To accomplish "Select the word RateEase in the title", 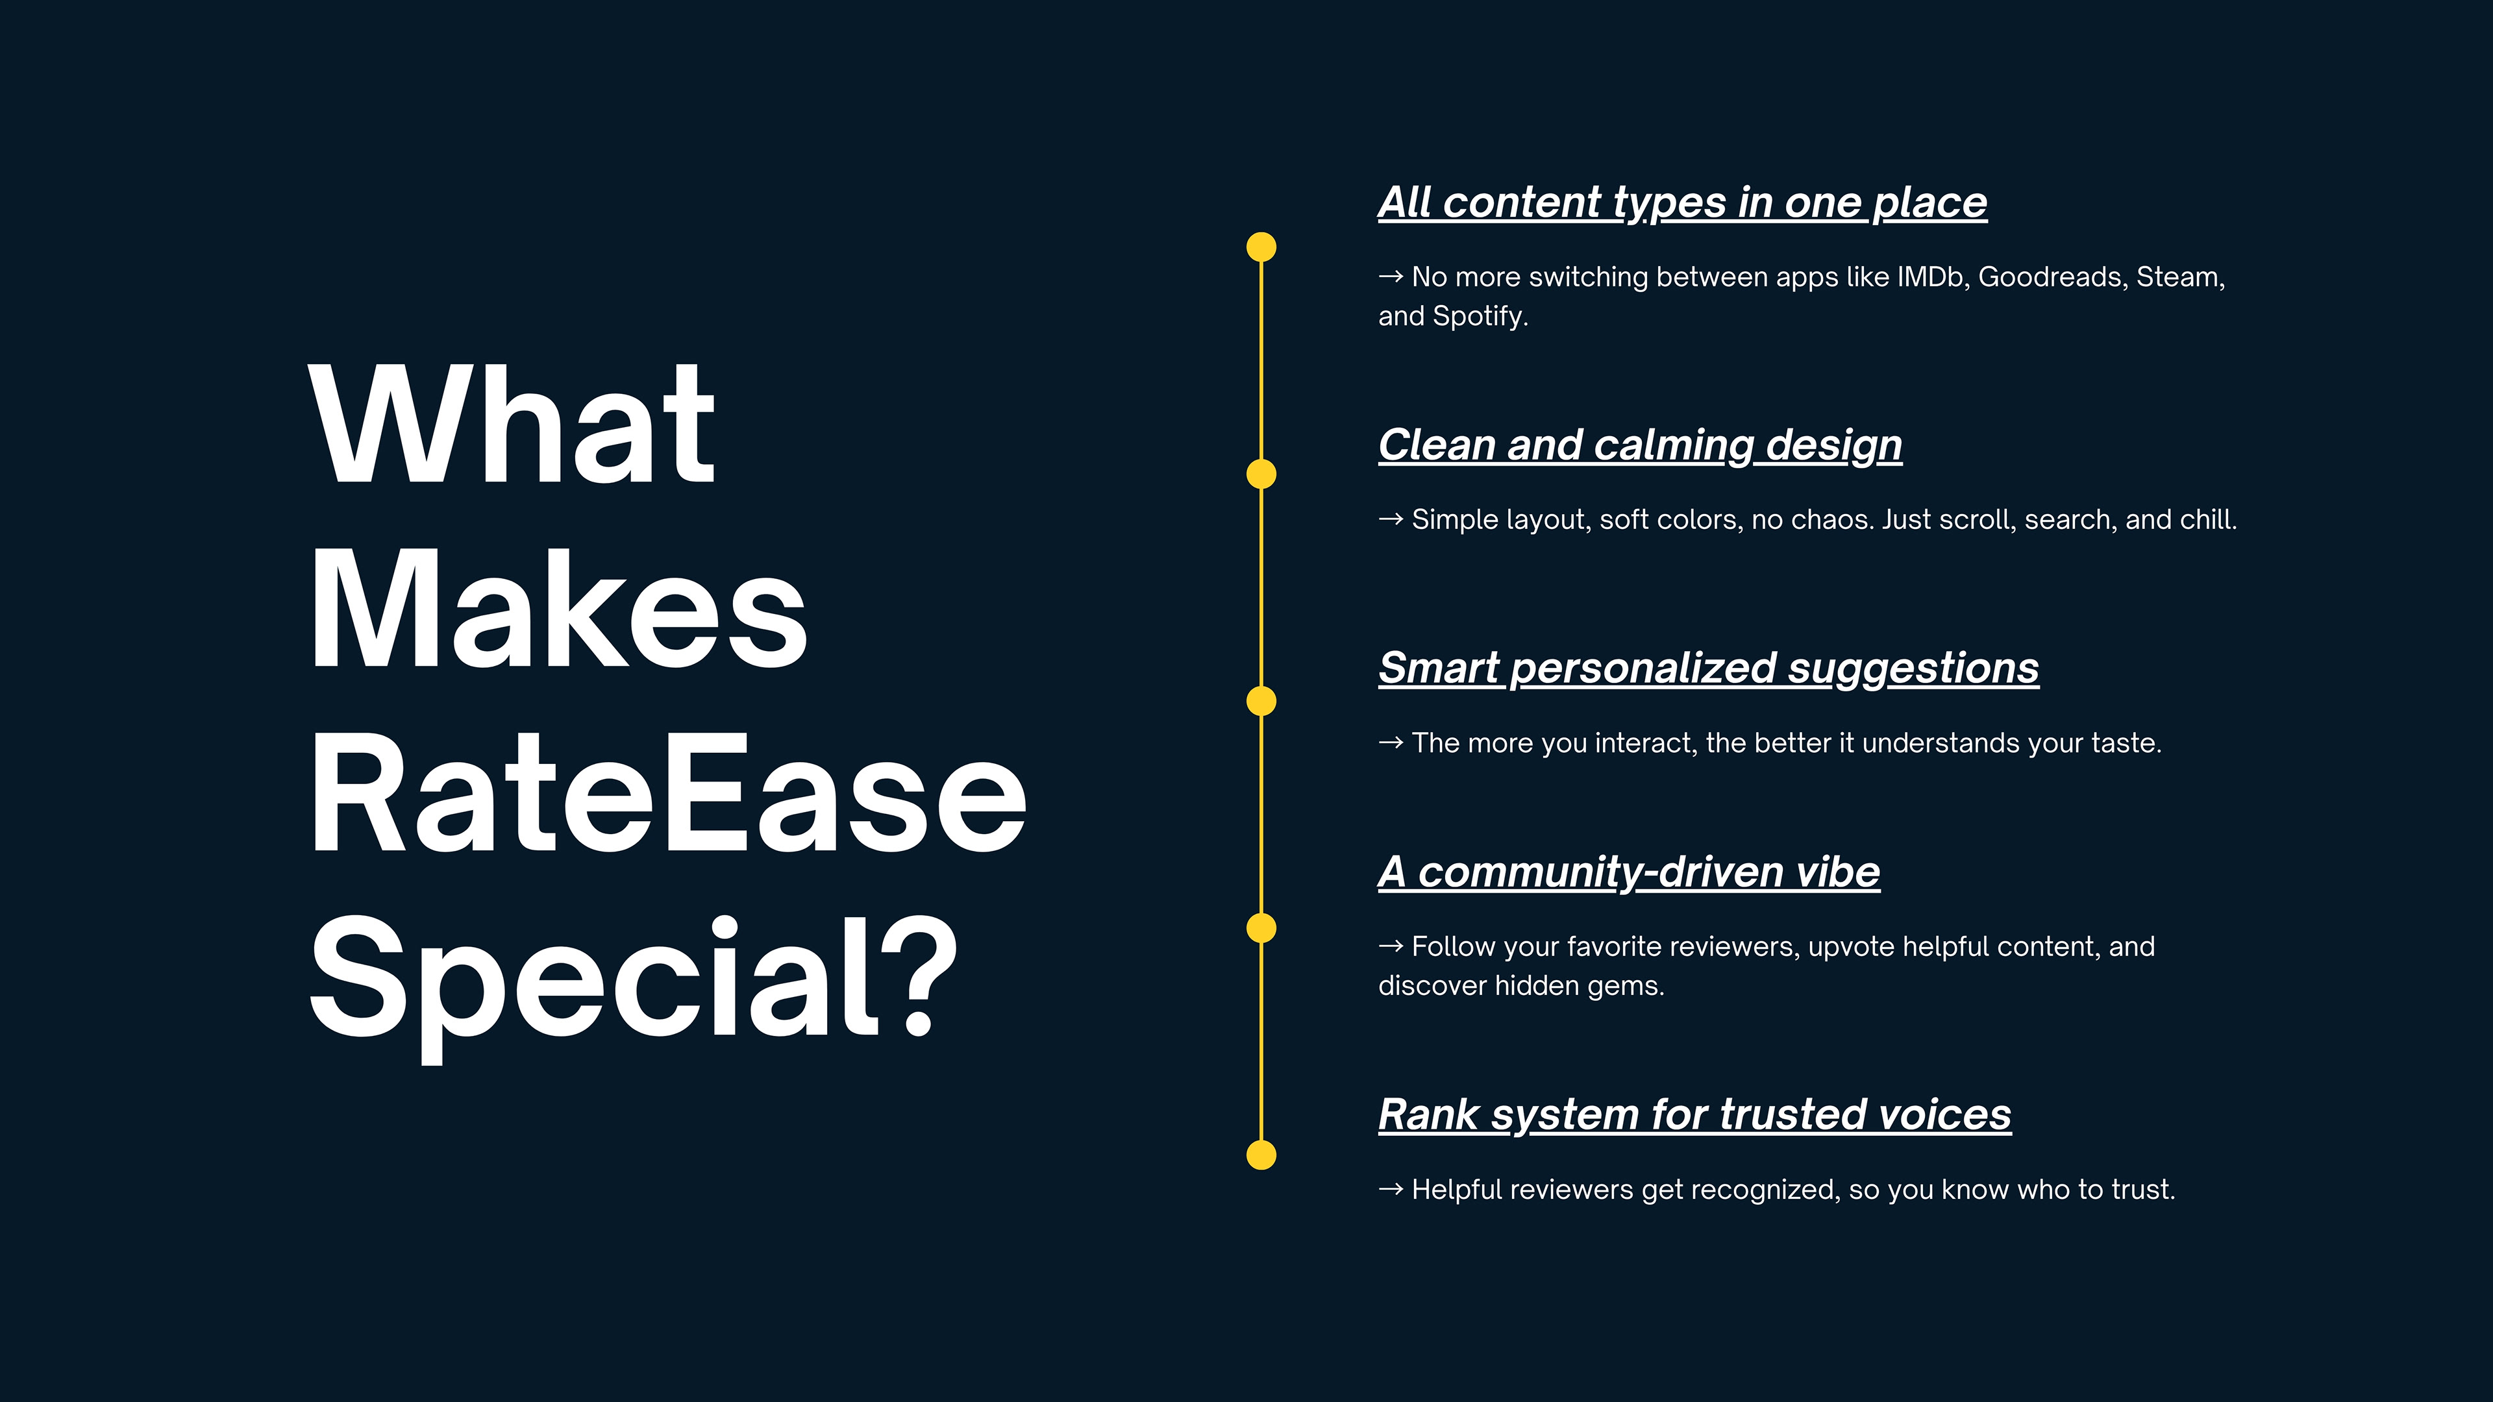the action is click(x=668, y=791).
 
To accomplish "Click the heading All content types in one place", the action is click(x=1683, y=203).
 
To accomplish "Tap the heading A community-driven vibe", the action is click(x=1630, y=873).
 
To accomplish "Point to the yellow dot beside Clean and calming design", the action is click(x=1261, y=474).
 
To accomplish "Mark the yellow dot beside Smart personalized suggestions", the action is click(x=1261, y=702).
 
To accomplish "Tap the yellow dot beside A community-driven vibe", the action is click(x=1261, y=929).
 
